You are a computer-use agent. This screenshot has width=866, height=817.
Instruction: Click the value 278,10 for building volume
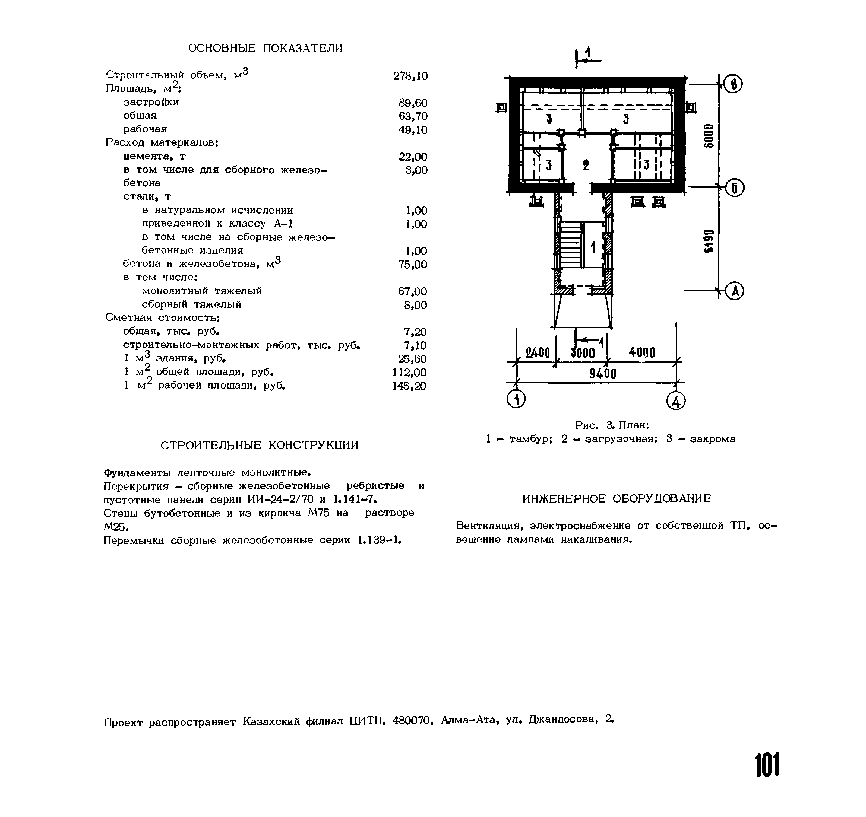[x=410, y=76]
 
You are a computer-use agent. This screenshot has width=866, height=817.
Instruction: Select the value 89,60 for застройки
[x=413, y=103]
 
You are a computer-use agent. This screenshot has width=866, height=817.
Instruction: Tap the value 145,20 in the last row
[x=409, y=386]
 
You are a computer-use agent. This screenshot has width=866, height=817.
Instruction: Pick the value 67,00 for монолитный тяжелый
[x=412, y=291]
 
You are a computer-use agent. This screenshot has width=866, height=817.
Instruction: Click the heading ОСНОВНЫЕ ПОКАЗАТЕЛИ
[x=265, y=48]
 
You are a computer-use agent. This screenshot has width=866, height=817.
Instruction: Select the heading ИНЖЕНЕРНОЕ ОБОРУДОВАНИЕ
[x=617, y=499]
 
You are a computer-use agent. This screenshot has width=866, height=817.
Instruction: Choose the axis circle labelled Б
[x=734, y=188]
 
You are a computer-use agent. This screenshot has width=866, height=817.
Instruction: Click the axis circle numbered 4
[x=676, y=401]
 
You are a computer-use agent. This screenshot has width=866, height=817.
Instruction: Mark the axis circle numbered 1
[x=516, y=399]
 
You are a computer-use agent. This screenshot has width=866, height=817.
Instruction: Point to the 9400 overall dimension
[x=603, y=374]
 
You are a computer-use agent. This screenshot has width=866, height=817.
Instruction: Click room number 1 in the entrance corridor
[x=593, y=248]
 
